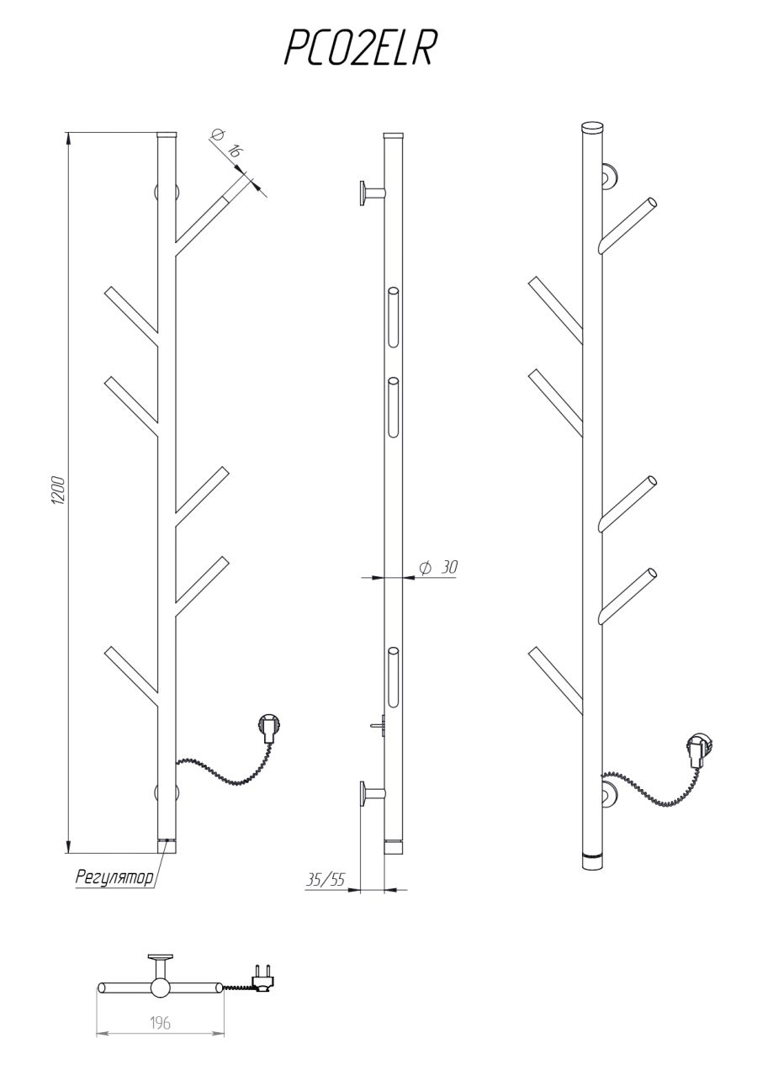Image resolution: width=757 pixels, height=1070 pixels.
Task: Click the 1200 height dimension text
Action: (58, 490)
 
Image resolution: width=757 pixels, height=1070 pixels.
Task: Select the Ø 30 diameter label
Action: (438, 568)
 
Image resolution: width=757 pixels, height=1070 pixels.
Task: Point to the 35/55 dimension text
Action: (326, 880)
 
